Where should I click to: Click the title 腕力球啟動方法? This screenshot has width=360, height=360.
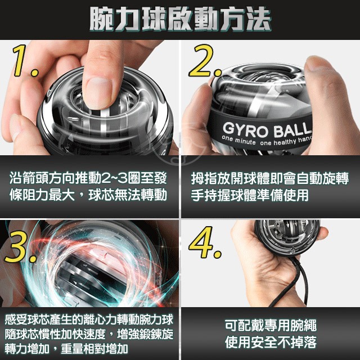click(x=181, y=19)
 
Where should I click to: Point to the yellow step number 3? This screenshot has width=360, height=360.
click(x=21, y=246)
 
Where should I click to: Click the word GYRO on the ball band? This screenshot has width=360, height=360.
click(x=245, y=130)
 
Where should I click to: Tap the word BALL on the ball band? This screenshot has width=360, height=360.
click(x=292, y=130)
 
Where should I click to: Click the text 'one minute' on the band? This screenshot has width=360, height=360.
click(x=238, y=140)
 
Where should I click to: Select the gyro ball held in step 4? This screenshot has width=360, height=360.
click(x=287, y=237)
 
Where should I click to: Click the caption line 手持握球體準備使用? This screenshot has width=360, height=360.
click(x=250, y=195)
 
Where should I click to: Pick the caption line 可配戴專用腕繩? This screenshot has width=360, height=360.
click(x=271, y=325)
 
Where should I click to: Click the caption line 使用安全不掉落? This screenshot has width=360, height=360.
click(x=271, y=342)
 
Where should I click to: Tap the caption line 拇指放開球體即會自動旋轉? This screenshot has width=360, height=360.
click(x=270, y=178)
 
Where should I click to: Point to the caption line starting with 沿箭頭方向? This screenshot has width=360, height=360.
click(x=88, y=178)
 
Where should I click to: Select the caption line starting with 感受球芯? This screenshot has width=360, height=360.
click(x=89, y=319)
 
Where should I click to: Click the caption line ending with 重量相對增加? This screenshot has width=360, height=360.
click(x=66, y=348)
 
